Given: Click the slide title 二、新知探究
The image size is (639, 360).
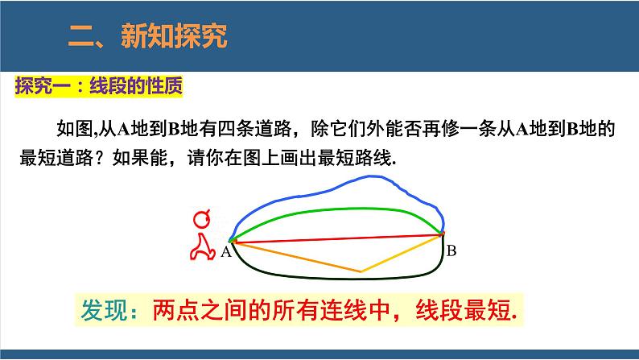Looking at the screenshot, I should point(147,35).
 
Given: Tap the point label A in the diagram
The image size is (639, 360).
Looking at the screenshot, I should point(225,252).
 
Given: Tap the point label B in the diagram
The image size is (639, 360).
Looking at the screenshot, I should point(451,250).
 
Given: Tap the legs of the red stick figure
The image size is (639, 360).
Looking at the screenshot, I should point(202,250).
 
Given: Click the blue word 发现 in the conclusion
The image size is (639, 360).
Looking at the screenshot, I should point(102,311).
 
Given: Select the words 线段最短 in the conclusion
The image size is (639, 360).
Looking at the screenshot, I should point(465,311).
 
